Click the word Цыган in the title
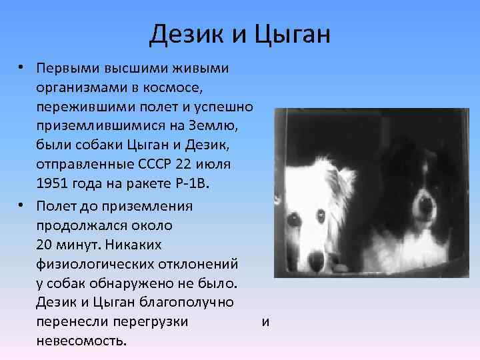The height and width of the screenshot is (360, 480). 291,35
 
